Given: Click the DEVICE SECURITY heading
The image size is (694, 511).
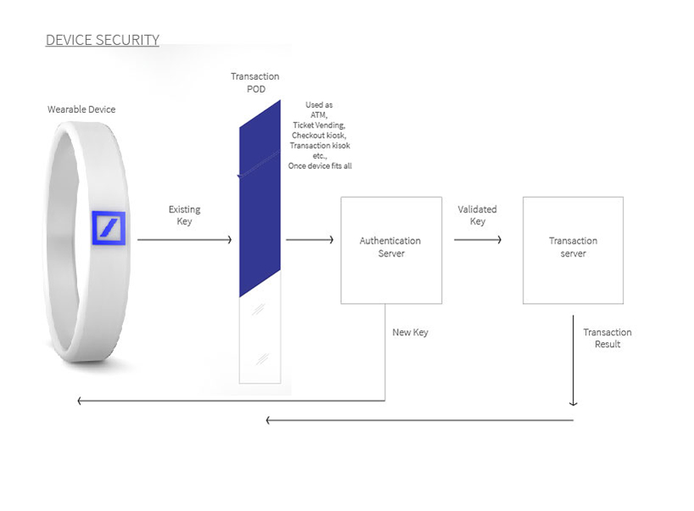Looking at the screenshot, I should pos(102,40).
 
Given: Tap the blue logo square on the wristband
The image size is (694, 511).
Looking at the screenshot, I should pos(109,227).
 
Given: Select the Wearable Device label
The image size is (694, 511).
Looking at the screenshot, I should pos(81,109).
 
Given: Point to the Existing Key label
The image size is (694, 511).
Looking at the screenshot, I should pos(184,216).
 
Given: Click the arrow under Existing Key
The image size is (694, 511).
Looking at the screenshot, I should pos(184,240).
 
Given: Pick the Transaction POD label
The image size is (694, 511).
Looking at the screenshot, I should pos(255,83).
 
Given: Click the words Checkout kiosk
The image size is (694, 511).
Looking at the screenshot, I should pos(319,135).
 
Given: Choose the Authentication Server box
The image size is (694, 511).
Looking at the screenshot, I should pos(390,250).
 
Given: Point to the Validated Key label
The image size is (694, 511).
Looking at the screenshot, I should pos(477,216).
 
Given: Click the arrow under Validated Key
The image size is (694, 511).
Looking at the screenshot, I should pos(477,240).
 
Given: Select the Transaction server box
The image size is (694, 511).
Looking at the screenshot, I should pos(573,250).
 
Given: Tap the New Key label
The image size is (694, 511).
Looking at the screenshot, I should pos(410,333).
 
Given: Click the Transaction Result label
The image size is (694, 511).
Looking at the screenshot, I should pos(607,338).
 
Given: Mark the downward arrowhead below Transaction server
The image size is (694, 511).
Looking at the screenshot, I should pos(574,402).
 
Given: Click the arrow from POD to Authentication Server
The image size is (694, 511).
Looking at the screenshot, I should pos(310,240).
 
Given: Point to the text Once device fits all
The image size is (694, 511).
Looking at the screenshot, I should pos(320,166).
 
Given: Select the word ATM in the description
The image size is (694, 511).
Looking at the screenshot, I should pos(319,115).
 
